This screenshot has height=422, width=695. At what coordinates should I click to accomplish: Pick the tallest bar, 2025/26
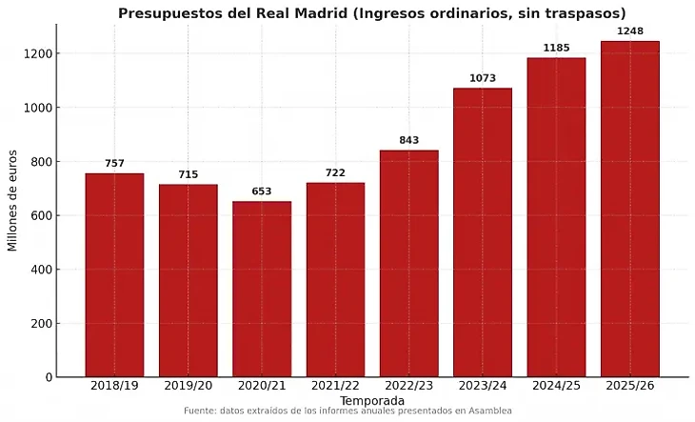[630, 209]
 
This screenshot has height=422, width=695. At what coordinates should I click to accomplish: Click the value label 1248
[630, 31]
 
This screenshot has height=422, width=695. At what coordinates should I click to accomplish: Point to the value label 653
[262, 191]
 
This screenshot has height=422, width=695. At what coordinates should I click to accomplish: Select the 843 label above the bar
[409, 140]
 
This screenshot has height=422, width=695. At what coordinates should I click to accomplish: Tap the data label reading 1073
[483, 78]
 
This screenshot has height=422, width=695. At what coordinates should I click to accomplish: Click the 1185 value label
[557, 48]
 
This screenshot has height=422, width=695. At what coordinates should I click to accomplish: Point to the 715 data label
[188, 174]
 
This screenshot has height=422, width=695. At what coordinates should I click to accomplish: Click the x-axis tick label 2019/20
[188, 386]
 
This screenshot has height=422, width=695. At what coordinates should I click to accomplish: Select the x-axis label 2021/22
[335, 386]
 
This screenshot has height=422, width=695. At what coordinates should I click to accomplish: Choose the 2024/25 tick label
[557, 386]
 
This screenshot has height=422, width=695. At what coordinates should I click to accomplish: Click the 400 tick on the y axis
[44, 270]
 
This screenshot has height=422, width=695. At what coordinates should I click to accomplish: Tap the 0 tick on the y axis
[50, 377]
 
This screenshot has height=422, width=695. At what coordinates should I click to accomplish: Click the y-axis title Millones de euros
[13, 201]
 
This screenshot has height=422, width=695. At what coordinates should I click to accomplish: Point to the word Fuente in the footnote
[200, 411]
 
